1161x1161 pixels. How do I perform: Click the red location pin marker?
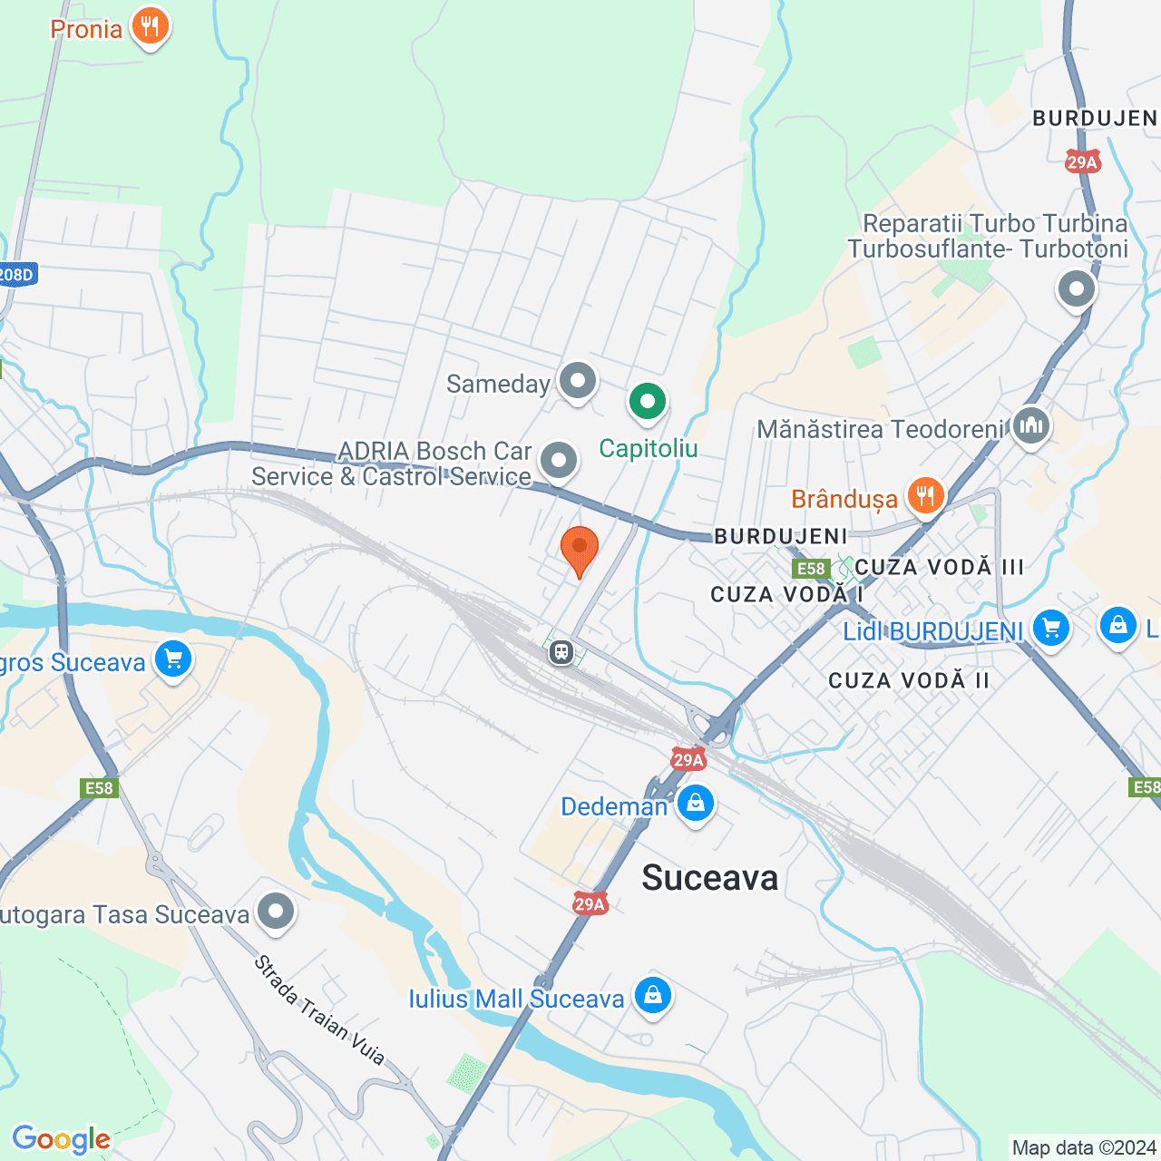click(579, 550)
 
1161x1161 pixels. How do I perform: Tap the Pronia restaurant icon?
click(151, 26)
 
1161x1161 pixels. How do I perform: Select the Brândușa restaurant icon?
click(925, 495)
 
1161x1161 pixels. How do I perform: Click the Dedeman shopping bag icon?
click(696, 804)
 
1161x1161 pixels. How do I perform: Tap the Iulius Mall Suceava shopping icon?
click(652, 995)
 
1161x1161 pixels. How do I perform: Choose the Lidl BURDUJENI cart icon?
click(1051, 628)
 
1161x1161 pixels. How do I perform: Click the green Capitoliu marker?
click(648, 401)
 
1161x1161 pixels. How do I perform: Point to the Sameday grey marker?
click(577, 382)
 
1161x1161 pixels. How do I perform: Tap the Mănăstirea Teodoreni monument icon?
click(1031, 424)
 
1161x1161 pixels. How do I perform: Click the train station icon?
click(561, 651)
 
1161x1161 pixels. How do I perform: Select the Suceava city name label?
click(709, 878)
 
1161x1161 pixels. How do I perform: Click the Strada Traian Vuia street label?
click(319, 1009)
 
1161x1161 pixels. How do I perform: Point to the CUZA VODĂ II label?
click(909, 680)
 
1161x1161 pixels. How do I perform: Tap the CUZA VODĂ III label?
click(939, 567)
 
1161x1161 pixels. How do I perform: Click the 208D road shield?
click(15, 274)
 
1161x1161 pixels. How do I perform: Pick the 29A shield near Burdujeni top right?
click(1082, 162)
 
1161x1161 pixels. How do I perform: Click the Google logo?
click(61, 1139)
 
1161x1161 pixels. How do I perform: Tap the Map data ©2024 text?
click(1084, 1147)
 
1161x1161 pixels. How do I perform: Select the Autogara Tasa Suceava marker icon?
click(276, 911)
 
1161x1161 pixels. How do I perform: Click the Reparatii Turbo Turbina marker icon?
click(1077, 289)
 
